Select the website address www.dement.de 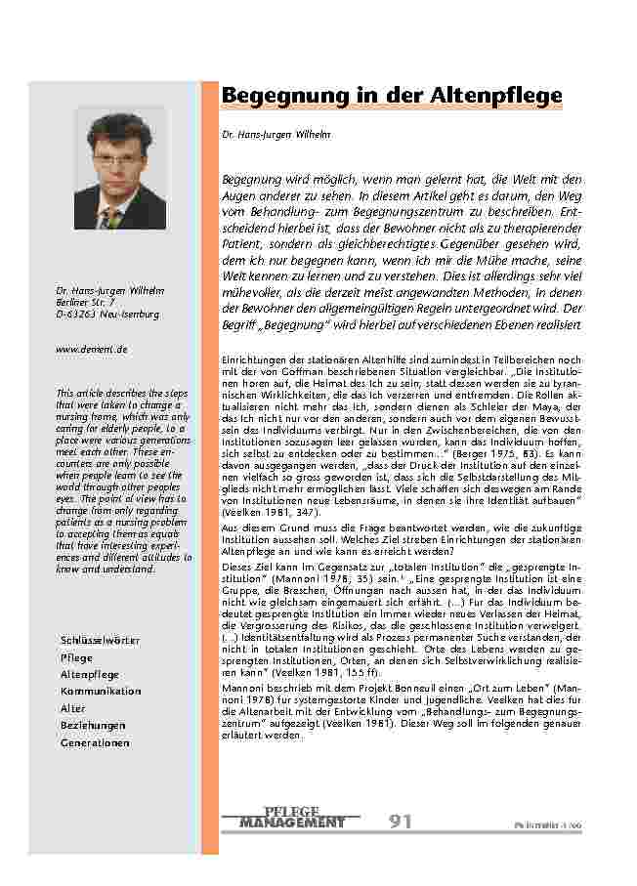pyautogui.click(x=92, y=349)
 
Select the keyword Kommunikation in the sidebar pyautogui.click(x=101, y=692)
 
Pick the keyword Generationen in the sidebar pyautogui.click(x=95, y=743)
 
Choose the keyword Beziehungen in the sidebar pyautogui.click(x=93, y=726)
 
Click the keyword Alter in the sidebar pyautogui.click(x=73, y=708)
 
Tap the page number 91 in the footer pyautogui.click(x=401, y=822)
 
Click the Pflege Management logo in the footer pyautogui.click(x=291, y=819)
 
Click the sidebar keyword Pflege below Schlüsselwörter pyautogui.click(x=76, y=657)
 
